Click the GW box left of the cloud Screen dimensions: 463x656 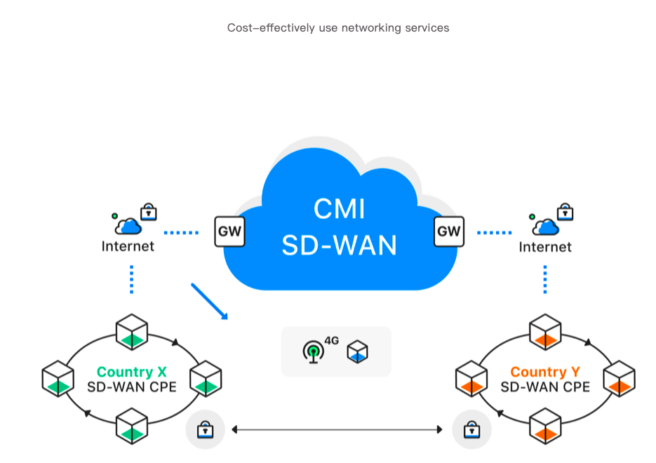tap(229, 231)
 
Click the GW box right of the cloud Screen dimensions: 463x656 tap(449, 231)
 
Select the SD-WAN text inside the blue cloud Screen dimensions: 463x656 tap(340, 245)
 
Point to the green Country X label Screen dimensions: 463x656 tap(132, 372)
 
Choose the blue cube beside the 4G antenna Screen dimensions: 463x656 tap(358, 351)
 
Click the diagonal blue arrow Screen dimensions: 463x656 tap(210, 302)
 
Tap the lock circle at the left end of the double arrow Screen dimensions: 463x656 tap(205, 429)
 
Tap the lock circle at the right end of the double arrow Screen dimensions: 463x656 tap(472, 429)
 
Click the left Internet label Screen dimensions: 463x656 tap(128, 246)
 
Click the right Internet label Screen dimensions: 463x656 tap(545, 247)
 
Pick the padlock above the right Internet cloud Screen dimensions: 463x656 tap(565, 210)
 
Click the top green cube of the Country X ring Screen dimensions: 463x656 tap(132, 332)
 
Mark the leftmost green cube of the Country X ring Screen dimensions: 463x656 tap(58, 378)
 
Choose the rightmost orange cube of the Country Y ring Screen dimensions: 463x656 tap(619, 379)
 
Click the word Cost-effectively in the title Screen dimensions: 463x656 tap(264, 28)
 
